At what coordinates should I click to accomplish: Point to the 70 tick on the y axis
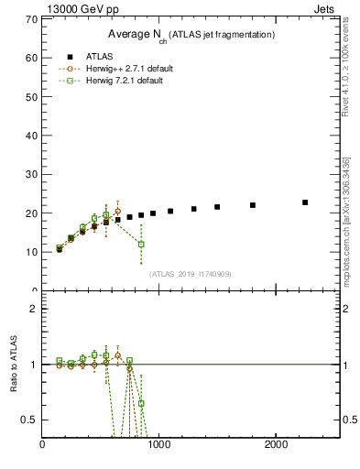(33, 18)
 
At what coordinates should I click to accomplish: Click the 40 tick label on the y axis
(33, 135)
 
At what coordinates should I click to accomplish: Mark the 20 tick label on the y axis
(33, 213)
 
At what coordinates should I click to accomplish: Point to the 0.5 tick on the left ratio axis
(29, 420)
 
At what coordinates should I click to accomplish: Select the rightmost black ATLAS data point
(305, 202)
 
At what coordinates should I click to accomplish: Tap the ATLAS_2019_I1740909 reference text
(191, 273)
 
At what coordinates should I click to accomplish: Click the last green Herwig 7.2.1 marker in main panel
(141, 244)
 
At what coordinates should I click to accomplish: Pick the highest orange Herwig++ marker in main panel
(117, 211)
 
